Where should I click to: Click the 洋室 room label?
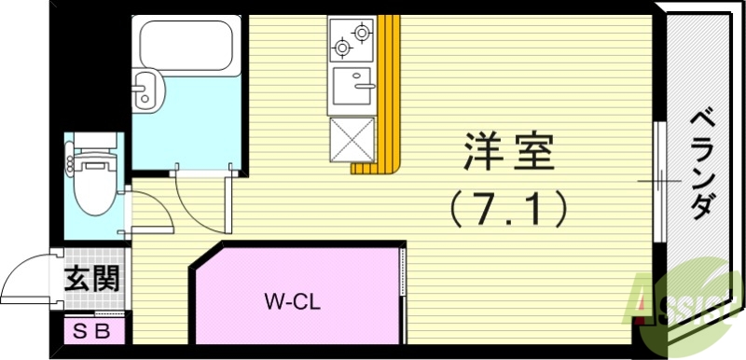coord(509,152)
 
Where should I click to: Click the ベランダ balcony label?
coord(703,162)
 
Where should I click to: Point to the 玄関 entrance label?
coord(90,279)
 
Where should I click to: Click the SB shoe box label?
coord(92,329)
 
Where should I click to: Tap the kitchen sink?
coord(353,88)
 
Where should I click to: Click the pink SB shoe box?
coord(92,329)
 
